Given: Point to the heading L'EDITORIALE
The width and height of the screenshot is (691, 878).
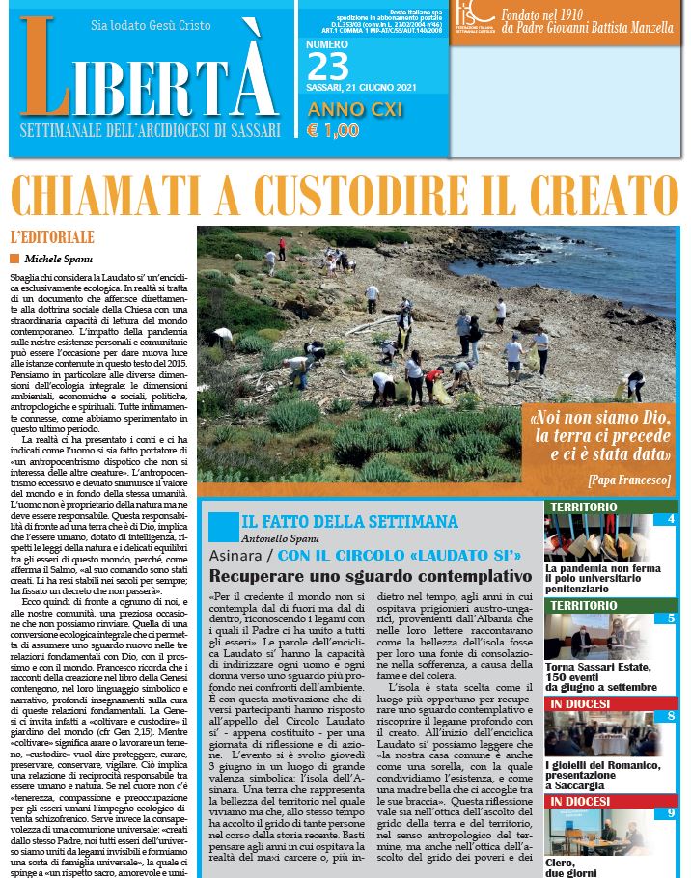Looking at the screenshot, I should [52, 236].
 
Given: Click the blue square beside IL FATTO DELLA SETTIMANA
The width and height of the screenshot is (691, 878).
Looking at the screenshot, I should [222, 527].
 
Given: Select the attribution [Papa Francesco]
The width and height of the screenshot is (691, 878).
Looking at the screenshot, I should [627, 480].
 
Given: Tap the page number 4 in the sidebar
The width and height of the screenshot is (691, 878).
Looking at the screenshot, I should [671, 519].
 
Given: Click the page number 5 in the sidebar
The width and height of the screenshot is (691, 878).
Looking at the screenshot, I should [671, 618].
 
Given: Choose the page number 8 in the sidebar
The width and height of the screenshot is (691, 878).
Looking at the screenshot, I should [671, 715].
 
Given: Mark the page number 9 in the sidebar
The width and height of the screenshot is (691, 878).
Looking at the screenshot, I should [671, 813].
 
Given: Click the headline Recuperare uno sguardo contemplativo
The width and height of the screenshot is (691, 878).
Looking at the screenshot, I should [371, 576].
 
